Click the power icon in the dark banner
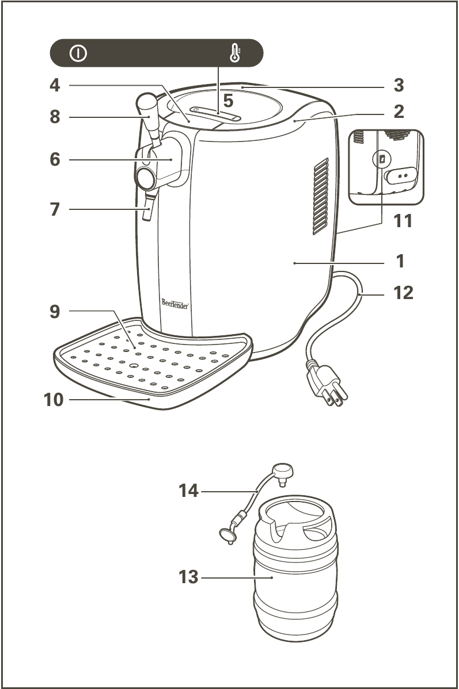(x=79, y=53)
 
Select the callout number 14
(x=188, y=491)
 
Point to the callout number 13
(x=188, y=576)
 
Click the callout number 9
(x=55, y=312)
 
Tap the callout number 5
(x=228, y=101)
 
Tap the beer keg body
(x=295, y=587)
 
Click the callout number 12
(x=403, y=293)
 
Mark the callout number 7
(x=55, y=209)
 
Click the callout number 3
(x=399, y=86)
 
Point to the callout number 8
(x=55, y=117)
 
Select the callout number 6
(x=55, y=159)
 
